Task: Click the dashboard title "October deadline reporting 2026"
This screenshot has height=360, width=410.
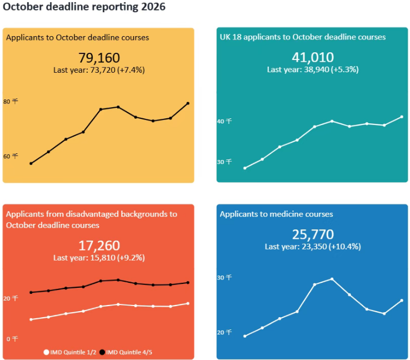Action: [84, 8]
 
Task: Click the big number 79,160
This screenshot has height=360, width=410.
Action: [99, 58]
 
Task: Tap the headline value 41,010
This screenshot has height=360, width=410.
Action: [312, 57]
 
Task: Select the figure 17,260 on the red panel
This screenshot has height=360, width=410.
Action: [99, 246]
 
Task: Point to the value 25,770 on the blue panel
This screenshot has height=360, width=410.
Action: [312, 234]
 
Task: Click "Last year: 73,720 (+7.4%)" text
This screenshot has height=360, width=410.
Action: [99, 70]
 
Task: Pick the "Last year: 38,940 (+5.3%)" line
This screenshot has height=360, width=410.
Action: [312, 69]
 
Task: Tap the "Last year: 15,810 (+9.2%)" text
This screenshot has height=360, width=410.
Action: [99, 258]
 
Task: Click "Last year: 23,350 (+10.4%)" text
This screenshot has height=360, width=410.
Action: [312, 246]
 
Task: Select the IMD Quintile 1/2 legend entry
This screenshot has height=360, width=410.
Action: [70, 352]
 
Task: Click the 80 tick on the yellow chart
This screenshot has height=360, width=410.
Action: [11, 102]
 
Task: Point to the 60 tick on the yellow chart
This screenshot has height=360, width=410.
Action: [11, 156]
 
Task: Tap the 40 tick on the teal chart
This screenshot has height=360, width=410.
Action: [224, 121]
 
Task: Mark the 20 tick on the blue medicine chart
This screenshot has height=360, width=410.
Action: [224, 332]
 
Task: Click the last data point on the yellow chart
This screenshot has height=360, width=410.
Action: [188, 103]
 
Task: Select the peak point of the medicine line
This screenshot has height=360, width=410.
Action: [332, 279]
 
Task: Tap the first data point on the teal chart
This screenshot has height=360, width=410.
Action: [245, 168]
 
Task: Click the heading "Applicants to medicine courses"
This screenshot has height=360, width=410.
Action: [276, 214]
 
